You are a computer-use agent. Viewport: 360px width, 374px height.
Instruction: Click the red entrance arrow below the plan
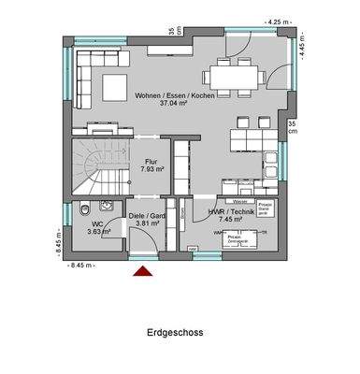[x=143, y=271]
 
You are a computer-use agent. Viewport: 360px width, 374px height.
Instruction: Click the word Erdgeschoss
[x=175, y=333]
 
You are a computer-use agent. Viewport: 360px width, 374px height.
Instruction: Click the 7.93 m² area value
[x=152, y=169]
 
